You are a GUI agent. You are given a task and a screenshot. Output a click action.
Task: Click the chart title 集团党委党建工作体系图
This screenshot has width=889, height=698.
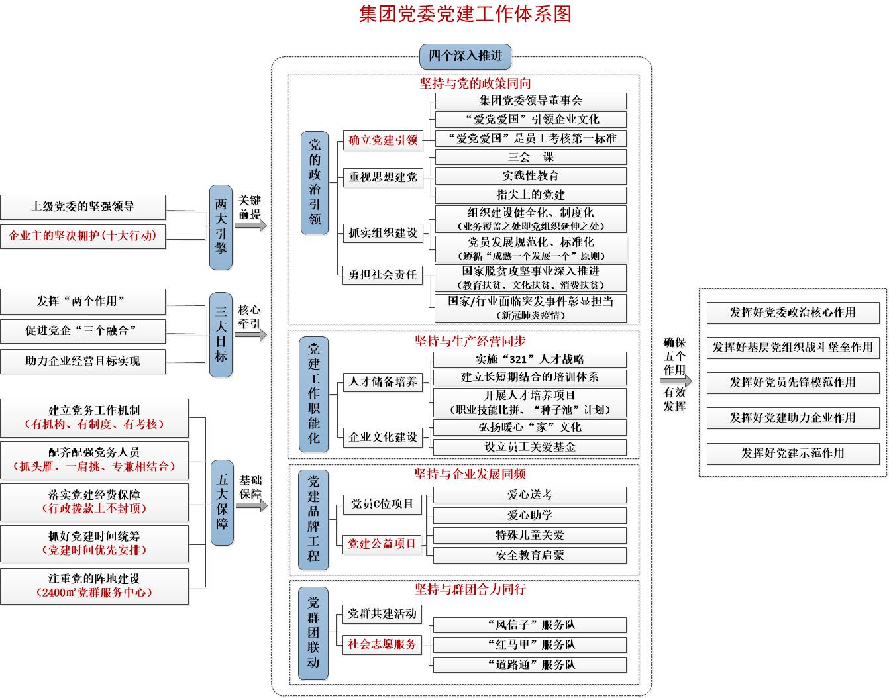465,14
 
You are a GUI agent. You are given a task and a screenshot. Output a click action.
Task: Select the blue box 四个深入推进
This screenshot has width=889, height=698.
466,56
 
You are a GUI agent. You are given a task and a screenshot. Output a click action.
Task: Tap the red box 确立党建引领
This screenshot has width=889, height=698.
383,140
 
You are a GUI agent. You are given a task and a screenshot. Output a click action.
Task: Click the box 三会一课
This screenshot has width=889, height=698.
531,157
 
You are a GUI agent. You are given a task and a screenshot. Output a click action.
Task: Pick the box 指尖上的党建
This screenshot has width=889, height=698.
531,195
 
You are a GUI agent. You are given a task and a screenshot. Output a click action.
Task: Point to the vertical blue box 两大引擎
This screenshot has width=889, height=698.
221,227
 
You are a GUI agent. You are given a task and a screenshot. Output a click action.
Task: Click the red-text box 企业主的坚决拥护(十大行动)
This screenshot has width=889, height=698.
83,236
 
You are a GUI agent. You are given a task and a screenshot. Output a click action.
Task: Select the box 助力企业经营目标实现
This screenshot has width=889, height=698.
83,362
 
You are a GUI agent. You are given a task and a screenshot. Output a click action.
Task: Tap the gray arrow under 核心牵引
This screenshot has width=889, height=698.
251,335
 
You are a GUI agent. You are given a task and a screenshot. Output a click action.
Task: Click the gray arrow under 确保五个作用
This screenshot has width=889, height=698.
676,381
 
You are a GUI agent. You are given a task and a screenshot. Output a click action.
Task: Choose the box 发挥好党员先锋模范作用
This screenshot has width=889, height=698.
793,383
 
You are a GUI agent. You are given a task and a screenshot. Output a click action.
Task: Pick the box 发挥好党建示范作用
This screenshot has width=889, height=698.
793,454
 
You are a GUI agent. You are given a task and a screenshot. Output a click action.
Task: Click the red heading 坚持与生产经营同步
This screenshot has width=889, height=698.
470,342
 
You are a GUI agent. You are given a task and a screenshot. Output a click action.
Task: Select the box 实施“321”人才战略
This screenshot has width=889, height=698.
530,360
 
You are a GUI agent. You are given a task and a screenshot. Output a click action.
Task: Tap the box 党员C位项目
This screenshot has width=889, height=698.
382,504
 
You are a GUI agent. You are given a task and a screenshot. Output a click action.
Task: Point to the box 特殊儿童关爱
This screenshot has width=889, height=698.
530,535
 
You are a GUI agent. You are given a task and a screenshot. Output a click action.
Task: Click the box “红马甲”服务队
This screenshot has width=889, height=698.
530,645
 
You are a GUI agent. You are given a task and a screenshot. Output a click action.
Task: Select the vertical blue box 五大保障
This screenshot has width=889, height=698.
222,503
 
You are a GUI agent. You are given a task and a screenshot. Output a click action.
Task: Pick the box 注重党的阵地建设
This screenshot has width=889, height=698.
95,586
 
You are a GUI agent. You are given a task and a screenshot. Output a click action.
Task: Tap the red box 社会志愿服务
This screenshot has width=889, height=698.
382,645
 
